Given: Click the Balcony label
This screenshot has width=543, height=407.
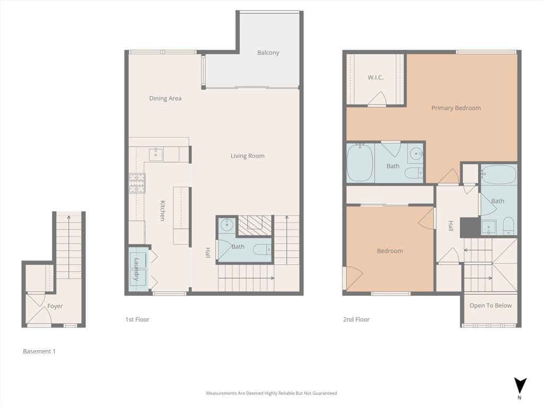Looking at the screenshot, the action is [268, 52].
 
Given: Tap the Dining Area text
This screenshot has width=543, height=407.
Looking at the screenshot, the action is [165, 98].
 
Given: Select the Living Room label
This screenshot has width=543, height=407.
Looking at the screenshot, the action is [248, 156].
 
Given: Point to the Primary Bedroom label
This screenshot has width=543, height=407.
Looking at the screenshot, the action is [456, 108].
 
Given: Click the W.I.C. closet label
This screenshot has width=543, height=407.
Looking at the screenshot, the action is [375, 77].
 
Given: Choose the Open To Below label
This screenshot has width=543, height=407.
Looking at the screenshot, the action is [491, 306].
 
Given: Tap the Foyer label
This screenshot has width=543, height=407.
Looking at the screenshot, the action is [55, 306].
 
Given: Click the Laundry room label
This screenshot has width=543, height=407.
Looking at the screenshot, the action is [136, 269].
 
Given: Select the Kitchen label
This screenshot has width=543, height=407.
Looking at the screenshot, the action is [162, 210].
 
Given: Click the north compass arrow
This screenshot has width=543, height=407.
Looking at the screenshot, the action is [520, 386].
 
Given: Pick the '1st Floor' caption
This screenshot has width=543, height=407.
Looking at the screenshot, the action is [137, 320].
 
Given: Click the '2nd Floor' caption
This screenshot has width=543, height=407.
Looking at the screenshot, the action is [356, 320].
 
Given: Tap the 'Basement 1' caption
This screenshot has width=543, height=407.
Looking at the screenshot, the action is [39, 351].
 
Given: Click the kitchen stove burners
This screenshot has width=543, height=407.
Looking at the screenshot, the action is [137, 183].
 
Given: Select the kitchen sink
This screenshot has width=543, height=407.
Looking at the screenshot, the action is [156, 154].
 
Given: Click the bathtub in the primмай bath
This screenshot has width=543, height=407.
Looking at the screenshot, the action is [360, 163].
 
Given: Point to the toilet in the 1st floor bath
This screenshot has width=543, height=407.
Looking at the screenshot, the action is [262, 249].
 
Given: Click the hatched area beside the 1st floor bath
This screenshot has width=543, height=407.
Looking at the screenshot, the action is [255, 226].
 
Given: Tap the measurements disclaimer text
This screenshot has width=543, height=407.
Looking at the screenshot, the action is [271, 393].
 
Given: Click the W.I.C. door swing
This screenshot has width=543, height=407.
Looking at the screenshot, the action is [378, 98].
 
